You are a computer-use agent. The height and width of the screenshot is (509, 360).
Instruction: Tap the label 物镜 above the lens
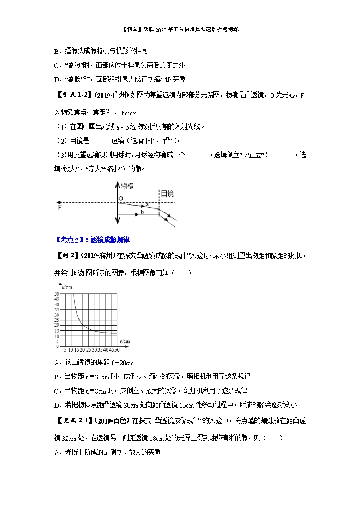pyautogui.click(x=126, y=186)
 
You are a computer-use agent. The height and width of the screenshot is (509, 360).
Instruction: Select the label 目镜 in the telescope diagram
pyautogui.click(x=167, y=193)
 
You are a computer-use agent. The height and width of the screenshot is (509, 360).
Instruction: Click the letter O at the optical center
pyautogui.click(x=120, y=199)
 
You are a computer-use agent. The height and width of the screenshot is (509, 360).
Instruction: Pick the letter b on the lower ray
pyautogui.click(x=142, y=212)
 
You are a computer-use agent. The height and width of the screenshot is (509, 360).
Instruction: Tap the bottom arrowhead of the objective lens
pyautogui.click(x=117, y=222)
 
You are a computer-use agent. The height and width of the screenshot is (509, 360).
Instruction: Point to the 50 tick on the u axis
pyautogui.click(x=56, y=294)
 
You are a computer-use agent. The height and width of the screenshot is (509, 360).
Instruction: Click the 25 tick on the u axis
pyautogui.click(x=56, y=320)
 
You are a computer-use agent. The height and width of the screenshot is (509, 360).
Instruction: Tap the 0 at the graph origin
pyautogui.click(x=57, y=345)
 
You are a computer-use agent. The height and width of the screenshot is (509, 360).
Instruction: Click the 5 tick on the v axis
pyautogui.click(x=65, y=349)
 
